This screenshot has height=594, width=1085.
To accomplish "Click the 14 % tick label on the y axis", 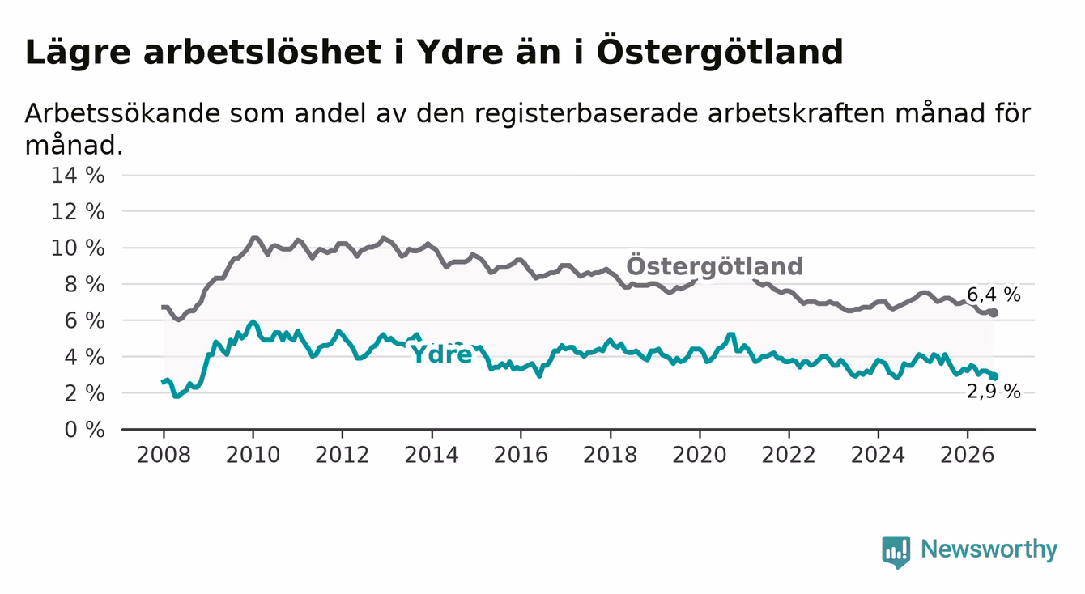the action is click(x=78, y=176).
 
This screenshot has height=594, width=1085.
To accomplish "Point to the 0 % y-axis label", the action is click(x=85, y=430).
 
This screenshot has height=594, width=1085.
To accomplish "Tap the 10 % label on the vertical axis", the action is click(x=78, y=248).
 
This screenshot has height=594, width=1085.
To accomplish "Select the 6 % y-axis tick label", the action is click(x=85, y=321).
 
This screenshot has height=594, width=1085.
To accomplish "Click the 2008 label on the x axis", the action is click(x=164, y=456).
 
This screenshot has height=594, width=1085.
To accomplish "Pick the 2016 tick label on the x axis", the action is click(x=521, y=456).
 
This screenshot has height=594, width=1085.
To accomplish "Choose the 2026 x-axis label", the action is click(x=968, y=456).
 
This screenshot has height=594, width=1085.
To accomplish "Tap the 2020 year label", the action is click(x=700, y=456).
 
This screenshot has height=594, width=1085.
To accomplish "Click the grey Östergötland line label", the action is click(x=714, y=265).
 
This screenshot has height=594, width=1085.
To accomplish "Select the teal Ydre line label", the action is click(x=442, y=354).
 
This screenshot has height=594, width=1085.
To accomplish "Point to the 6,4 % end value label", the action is click(x=994, y=295).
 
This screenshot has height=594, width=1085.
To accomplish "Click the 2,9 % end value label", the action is click(x=994, y=391).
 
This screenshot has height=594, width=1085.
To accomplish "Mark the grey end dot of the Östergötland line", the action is click(x=994, y=313).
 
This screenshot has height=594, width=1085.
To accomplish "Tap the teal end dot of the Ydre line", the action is click(x=994, y=376).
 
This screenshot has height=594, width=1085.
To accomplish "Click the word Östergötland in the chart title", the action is click(x=721, y=51).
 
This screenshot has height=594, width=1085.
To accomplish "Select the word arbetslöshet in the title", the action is click(x=262, y=53).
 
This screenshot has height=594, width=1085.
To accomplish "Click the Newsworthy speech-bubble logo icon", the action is click(x=896, y=552).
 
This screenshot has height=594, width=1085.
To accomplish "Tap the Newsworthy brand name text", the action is click(x=989, y=549).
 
